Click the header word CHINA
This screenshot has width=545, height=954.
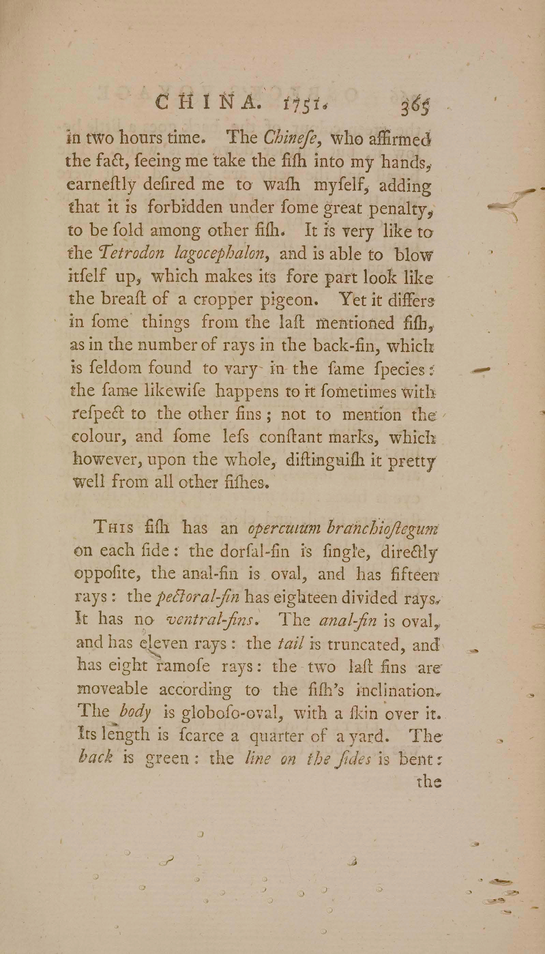[x=207, y=103]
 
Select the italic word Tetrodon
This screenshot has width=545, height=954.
[x=132, y=254]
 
